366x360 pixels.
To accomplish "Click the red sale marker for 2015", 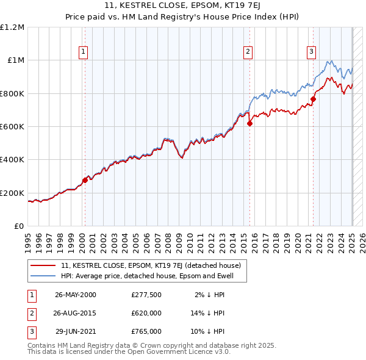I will pos(249,123).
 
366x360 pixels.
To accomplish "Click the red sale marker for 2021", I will pos(313,99).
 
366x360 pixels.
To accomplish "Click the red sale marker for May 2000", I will pos(85,180).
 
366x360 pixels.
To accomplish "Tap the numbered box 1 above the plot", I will pos(82,52).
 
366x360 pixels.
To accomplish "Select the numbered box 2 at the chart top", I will pos(248,52).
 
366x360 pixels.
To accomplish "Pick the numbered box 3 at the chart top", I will pos(311,52).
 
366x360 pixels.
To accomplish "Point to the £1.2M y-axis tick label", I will pos(12,27).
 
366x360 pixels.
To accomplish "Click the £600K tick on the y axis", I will pos(12,127).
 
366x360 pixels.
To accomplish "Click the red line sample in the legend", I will pos(44,265).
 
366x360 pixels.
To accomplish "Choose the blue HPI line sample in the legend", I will pos(44,276).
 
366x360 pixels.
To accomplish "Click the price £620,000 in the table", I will pos(146,313).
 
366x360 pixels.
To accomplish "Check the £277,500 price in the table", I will pos(146,295).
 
